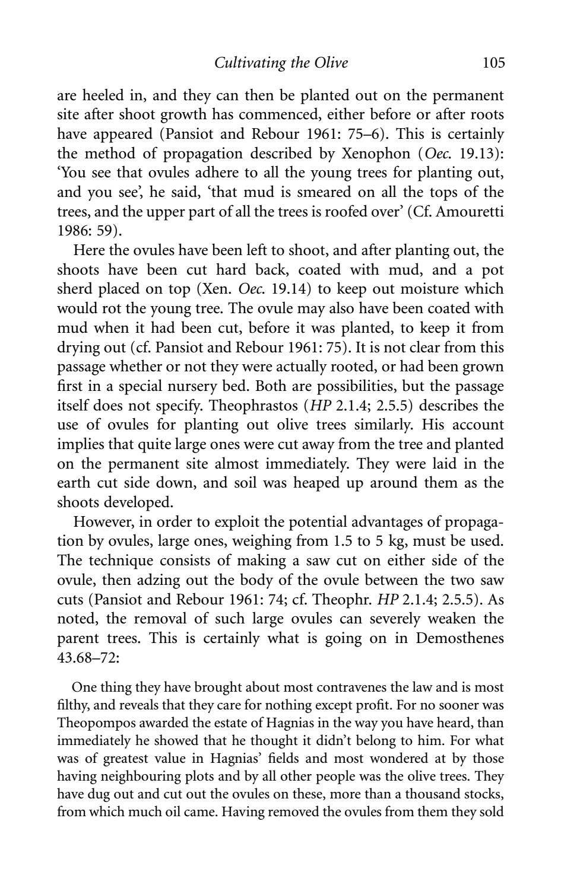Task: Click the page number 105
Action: point(493,62)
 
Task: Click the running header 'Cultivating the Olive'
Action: point(281,62)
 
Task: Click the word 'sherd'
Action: point(74,289)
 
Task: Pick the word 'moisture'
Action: point(430,289)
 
